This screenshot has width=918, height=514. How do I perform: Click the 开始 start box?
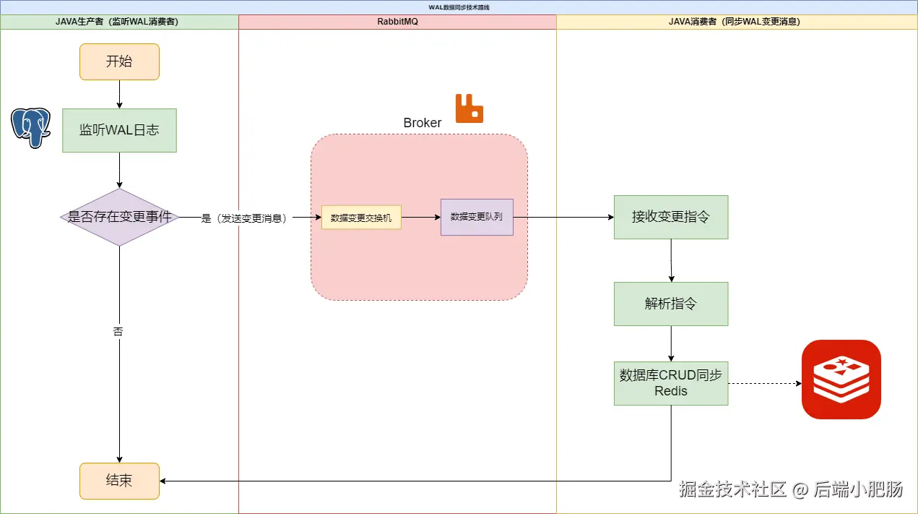pos(119,61)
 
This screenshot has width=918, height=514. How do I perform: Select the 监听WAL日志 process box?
pos(119,130)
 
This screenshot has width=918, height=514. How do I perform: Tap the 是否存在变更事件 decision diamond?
pos(119,217)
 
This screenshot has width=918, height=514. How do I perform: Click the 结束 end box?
pos(119,481)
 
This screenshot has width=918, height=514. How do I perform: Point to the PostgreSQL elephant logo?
pos(30,127)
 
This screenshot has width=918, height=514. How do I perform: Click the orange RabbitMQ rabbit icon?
pos(469,108)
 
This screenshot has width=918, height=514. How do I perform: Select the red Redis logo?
pos(841,380)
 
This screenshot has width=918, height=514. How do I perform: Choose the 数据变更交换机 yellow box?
pos(361,218)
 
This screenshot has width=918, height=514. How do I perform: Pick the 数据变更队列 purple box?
pos(477,217)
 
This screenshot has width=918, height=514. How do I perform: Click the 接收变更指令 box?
pos(671,217)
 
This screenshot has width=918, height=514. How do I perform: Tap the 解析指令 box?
pos(671,304)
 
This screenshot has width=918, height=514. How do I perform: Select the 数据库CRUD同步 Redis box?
pos(671,383)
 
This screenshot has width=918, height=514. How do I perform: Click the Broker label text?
pos(422,123)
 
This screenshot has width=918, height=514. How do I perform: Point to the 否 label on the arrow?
pos(118,332)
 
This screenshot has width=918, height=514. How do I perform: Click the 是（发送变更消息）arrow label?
pos(243,218)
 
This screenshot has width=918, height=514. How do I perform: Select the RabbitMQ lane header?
pos(397,22)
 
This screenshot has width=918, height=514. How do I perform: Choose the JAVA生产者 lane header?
pos(119,22)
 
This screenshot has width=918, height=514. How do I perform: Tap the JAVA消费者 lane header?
pos(737,22)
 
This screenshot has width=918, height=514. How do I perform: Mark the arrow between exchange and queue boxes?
pos(420,217)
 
